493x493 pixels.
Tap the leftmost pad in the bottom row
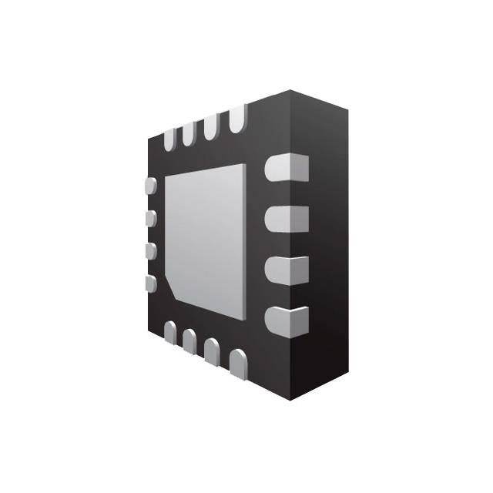pos(170,332)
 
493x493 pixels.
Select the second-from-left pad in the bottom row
pos(189,340)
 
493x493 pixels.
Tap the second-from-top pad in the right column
pos(287,218)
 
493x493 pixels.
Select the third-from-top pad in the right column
pos(287,270)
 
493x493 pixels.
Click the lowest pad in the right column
pos(287,320)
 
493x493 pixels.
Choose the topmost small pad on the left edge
pos(151,186)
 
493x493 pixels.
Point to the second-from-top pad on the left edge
pos(151,218)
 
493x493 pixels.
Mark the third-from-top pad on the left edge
pos(151,251)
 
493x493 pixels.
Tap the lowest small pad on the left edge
pos(151,283)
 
